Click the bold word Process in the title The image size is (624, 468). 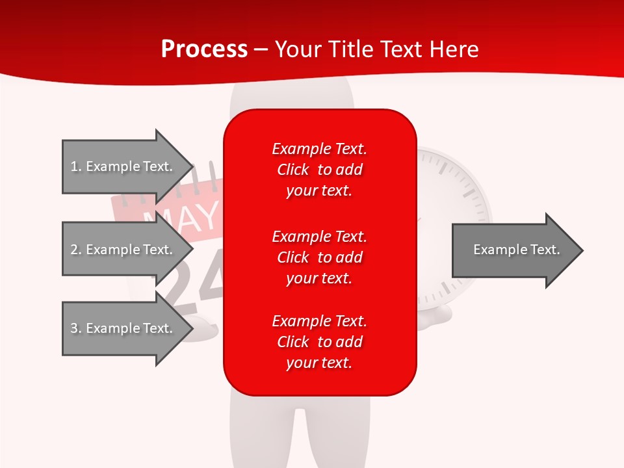204,49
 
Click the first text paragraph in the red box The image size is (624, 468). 319,170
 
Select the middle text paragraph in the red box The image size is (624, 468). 319,257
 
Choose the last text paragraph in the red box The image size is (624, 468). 319,342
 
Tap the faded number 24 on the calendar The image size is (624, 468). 188,279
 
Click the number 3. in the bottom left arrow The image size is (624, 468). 76,328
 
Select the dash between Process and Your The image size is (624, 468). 261,49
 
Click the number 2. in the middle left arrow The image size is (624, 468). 76,250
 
